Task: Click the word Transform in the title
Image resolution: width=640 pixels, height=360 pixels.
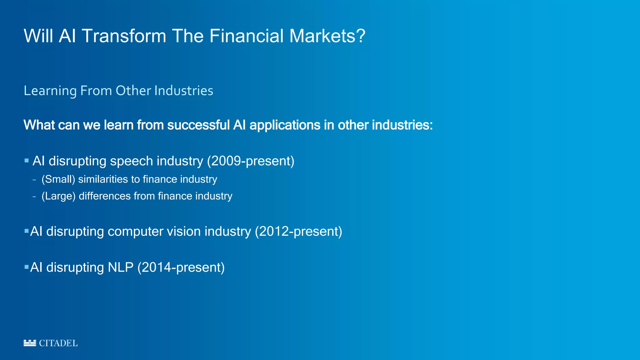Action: point(124,36)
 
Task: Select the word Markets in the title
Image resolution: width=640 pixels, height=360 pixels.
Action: point(322,36)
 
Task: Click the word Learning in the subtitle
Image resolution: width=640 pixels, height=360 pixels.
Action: point(50,91)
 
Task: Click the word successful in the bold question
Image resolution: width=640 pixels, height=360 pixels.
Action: point(198,125)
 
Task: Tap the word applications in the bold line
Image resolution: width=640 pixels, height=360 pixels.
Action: point(285,125)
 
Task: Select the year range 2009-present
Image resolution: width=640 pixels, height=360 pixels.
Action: point(251,161)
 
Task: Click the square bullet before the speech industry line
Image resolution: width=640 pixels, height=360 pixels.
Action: point(27,161)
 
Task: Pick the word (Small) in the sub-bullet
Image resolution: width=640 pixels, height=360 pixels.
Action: point(58,179)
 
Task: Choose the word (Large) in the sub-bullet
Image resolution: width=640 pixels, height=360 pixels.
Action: point(58,196)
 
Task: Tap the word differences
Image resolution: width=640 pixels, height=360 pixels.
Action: point(105,196)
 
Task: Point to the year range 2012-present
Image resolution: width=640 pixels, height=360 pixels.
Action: point(298,232)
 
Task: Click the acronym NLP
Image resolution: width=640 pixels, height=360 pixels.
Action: point(120,267)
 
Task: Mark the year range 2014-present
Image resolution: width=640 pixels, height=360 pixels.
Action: point(181,267)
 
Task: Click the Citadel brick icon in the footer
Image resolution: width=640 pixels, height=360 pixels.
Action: point(30,343)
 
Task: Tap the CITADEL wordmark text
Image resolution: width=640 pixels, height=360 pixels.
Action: point(58,343)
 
